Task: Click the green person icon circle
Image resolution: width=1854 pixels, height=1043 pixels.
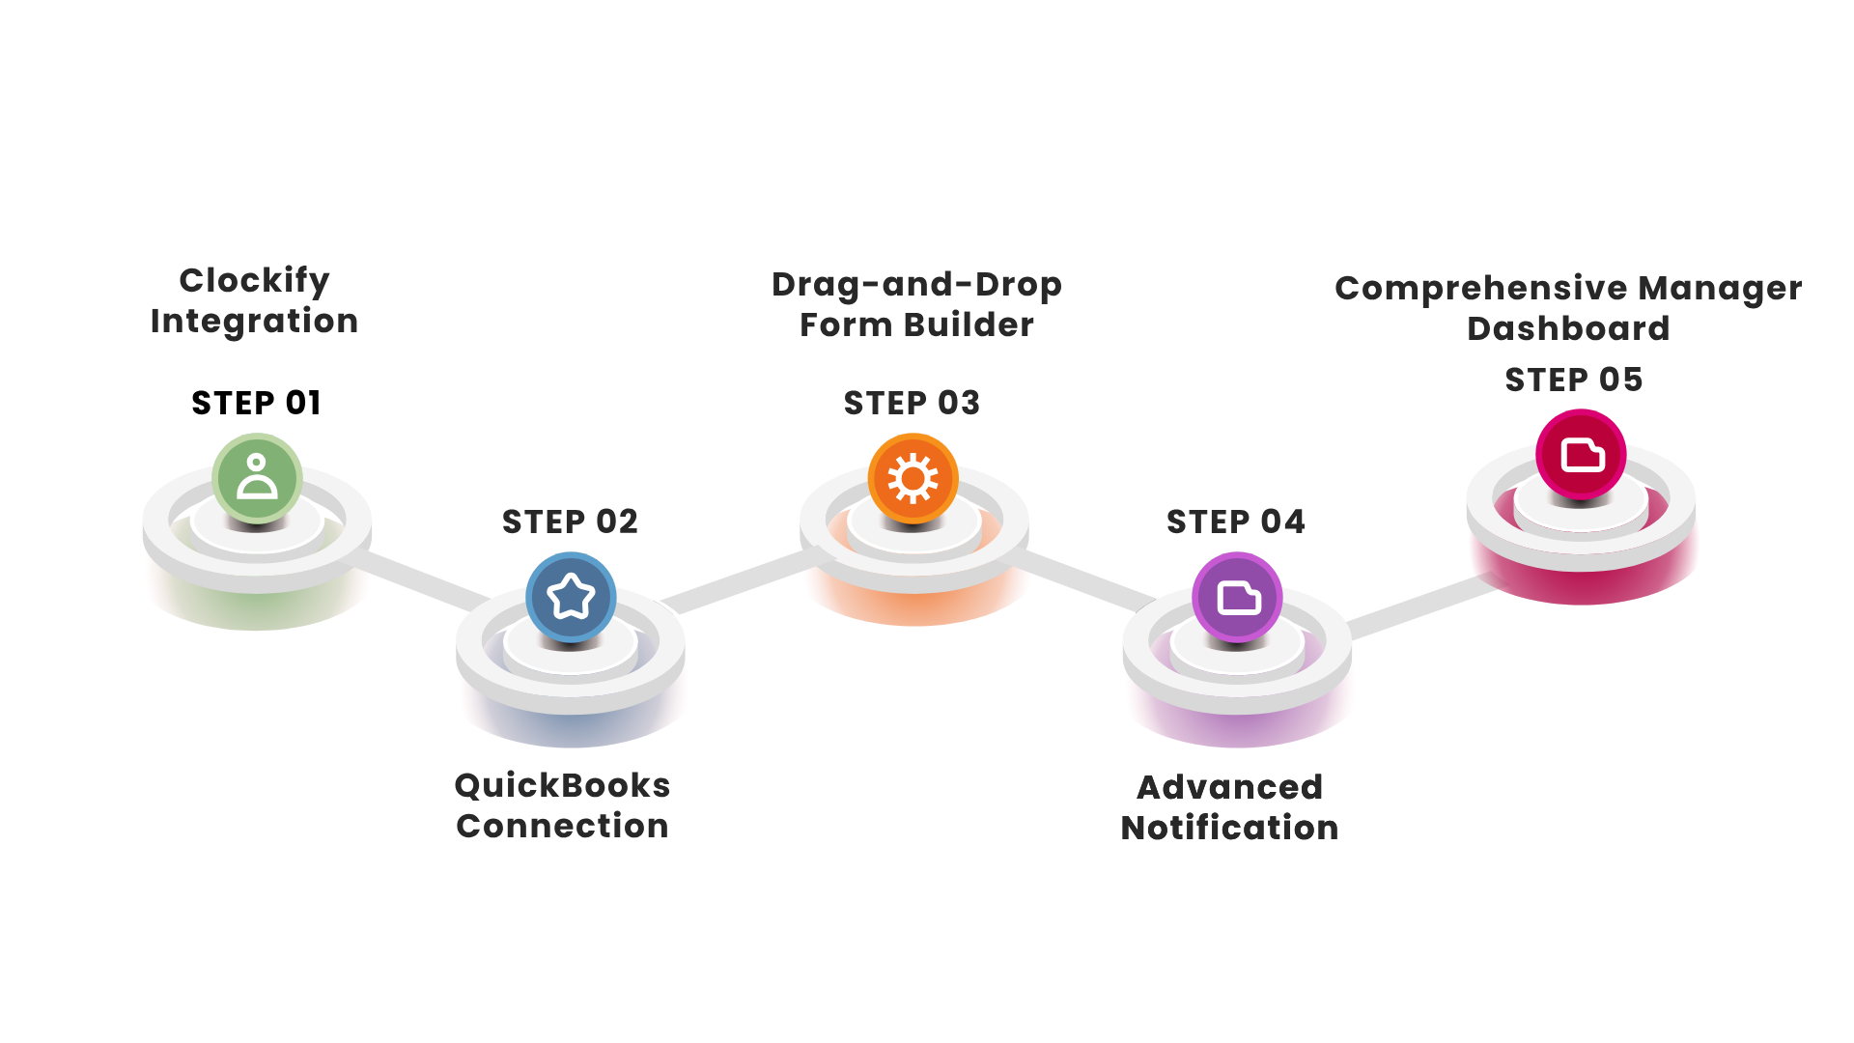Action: (257, 478)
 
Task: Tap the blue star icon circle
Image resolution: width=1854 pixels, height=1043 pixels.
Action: (571, 597)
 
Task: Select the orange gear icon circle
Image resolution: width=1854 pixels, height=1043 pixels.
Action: (913, 478)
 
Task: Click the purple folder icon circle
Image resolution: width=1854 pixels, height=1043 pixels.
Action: (1237, 597)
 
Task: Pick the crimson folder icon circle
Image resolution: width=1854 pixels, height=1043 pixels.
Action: (1581, 454)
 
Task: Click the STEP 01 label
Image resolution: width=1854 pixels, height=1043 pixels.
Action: (256, 403)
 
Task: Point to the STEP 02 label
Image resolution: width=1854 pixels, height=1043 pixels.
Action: (570, 521)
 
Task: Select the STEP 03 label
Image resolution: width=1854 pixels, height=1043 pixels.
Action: (912, 403)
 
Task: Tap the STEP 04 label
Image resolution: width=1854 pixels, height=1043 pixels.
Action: (1236, 521)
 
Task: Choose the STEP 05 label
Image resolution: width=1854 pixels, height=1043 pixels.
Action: (1574, 380)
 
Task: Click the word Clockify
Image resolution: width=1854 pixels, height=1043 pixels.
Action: (254, 281)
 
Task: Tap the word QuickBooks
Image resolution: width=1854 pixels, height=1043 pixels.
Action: (562, 785)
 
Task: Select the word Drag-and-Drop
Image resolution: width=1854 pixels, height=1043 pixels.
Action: (916, 285)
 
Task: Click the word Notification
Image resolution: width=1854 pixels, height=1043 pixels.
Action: (1229, 828)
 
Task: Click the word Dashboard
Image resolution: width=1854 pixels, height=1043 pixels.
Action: (1568, 328)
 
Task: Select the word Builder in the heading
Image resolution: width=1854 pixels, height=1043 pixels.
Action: (969, 324)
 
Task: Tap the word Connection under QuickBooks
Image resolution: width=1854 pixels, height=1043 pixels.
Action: (562, 826)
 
